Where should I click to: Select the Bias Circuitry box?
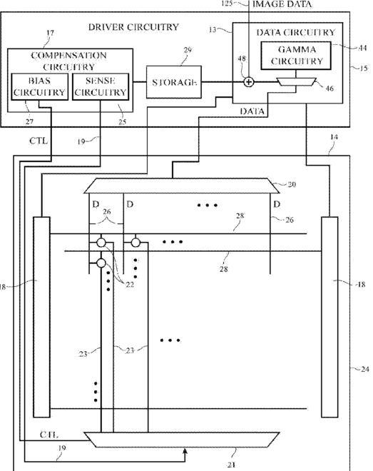click(40, 86)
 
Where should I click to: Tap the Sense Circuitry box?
click(101, 86)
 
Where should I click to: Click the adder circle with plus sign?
click(248, 81)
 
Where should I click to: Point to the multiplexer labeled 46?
click(296, 81)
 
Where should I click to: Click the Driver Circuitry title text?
click(133, 27)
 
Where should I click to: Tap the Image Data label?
click(282, 4)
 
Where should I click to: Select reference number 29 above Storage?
click(188, 50)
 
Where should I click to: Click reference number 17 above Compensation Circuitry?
click(51, 33)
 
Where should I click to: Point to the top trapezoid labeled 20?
click(182, 186)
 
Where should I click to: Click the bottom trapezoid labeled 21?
click(182, 440)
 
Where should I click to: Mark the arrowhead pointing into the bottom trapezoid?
click(185, 450)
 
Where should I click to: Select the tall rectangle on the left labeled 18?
click(41, 317)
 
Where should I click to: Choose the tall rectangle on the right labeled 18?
click(329, 317)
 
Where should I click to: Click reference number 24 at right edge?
click(365, 369)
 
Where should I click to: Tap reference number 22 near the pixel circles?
click(130, 285)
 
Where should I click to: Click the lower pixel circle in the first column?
click(101, 263)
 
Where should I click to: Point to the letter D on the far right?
click(277, 204)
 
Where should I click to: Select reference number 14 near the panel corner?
click(334, 137)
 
